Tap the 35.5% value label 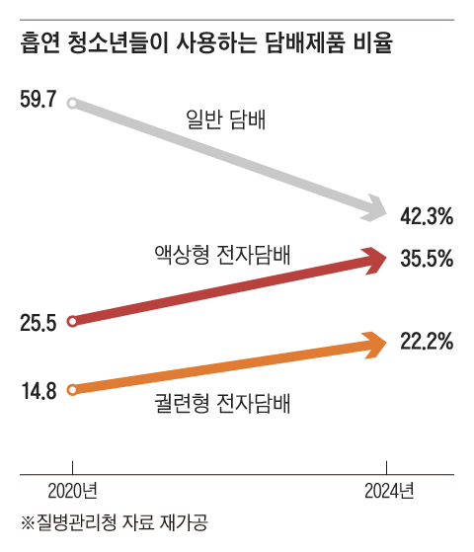point(427,260)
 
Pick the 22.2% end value point(427,343)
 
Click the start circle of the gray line point(71,101)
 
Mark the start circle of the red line point(71,321)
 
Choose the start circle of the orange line point(71,389)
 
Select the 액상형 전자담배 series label point(214,253)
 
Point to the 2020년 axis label point(71,490)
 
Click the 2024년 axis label point(387,490)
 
